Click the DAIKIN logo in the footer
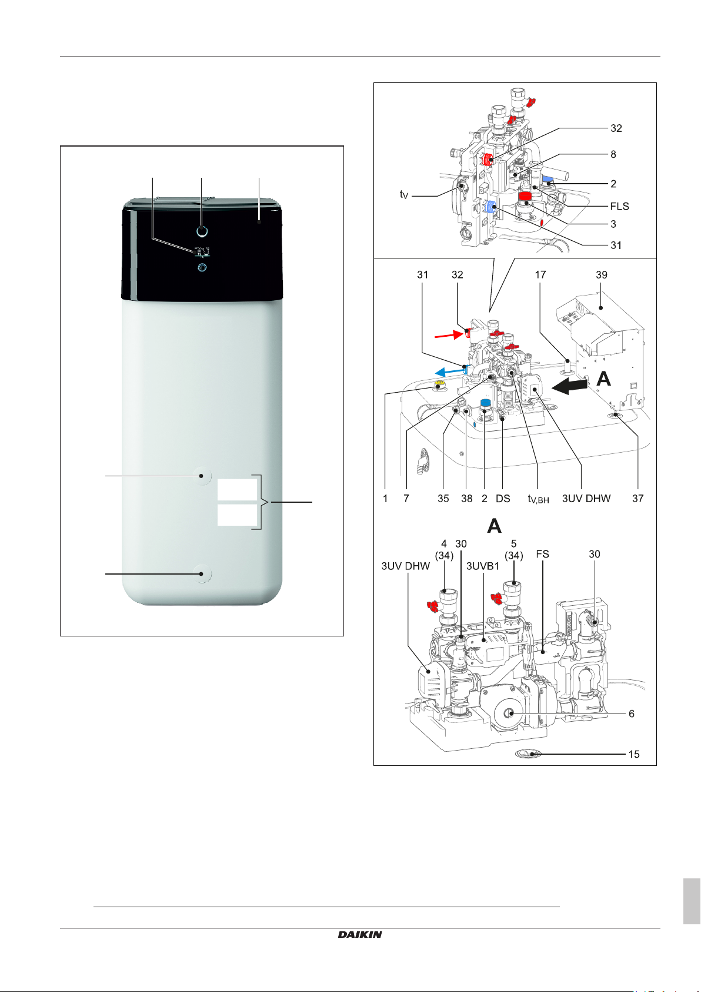coord(360,934)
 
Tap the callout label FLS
coord(619,206)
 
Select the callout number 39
coord(601,274)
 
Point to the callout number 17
coord(540,274)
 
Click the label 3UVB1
coord(482,566)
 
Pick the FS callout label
coord(542,554)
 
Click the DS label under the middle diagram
coord(503,498)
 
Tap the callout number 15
coord(633,754)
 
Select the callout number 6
coord(632,714)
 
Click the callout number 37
coord(637,498)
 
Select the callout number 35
coord(443,498)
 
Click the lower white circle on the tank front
coord(202,573)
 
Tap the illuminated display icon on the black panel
coord(202,252)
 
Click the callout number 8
coord(613,154)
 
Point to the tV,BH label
coord(538,499)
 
